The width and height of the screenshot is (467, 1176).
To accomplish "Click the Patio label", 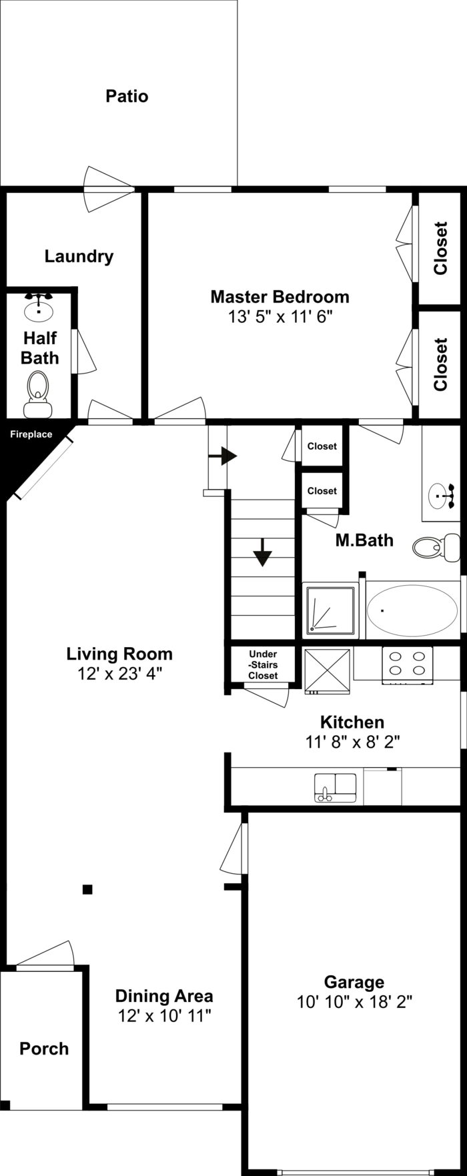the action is [x=127, y=96].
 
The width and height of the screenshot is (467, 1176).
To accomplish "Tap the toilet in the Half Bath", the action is [x=38, y=394].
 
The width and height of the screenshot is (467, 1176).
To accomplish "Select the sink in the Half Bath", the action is [x=39, y=307].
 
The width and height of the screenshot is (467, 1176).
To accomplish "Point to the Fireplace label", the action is [x=31, y=434].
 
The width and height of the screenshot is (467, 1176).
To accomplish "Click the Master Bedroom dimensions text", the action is [x=280, y=316].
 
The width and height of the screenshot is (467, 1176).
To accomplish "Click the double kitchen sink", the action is [x=336, y=788].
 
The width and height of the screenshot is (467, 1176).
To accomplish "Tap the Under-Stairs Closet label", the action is [x=263, y=665].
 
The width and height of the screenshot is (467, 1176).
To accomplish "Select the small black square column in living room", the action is [x=87, y=889].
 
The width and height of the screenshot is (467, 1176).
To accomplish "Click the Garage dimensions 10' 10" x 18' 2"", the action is [x=354, y=1001].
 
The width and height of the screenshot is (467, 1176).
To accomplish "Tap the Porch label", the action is [x=44, y=1049].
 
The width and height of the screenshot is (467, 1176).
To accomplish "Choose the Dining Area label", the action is [x=164, y=996].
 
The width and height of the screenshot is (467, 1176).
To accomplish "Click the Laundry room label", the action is [x=79, y=256].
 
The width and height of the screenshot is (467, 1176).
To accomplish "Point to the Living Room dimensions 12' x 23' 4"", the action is [x=120, y=673].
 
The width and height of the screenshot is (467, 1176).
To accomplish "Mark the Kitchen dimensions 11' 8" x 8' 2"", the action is [x=352, y=741].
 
